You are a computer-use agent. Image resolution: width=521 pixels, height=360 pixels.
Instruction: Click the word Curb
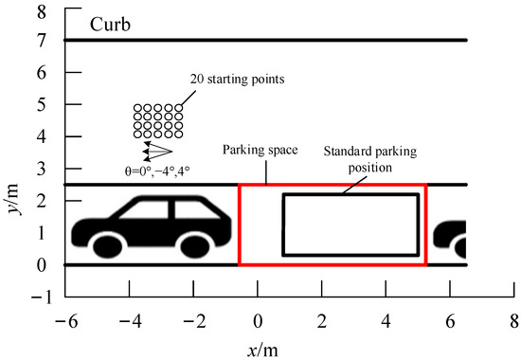click(x=111, y=23)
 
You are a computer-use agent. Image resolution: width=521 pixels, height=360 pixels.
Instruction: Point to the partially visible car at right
click(x=451, y=238)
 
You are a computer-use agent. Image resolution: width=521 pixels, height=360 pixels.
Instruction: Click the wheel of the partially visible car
click(x=462, y=248)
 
